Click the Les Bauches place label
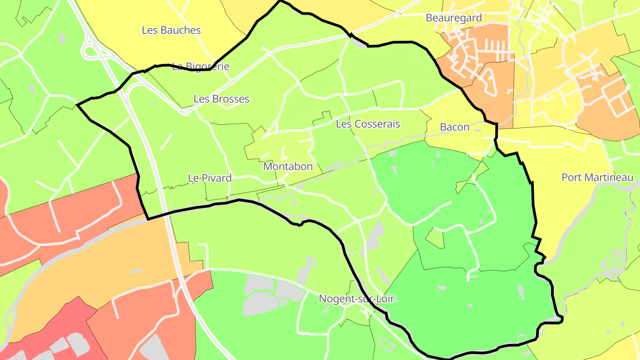pyautogui.click(x=171, y=30)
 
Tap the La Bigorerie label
pyautogui.click(x=201, y=67)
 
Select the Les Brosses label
pyautogui.click(x=221, y=99)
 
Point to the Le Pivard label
pyautogui.click(x=210, y=178)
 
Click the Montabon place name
pyautogui.click(x=288, y=167)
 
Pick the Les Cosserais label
pyautogui.click(x=368, y=124)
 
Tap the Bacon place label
pyautogui.click(x=455, y=127)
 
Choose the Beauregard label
pyautogui.click(x=454, y=18)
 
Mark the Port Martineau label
pyautogui.click(x=597, y=177)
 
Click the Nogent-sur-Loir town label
pyautogui.click(x=356, y=299)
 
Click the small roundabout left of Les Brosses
pyautogui.click(x=187, y=113)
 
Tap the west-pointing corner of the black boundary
pyautogui.click(x=77, y=105)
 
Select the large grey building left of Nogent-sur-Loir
pyautogui.click(x=260, y=302)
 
